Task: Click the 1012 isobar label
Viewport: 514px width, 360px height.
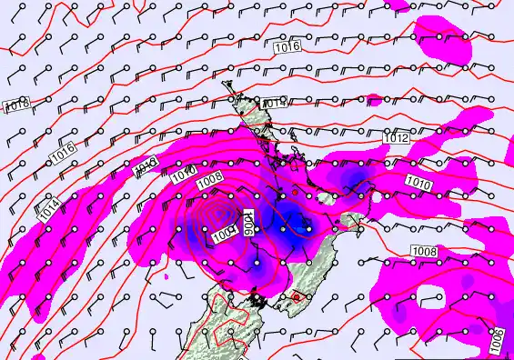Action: point(396,137)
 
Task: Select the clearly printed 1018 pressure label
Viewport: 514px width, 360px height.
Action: point(16,105)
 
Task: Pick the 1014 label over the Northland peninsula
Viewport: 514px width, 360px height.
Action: point(275,104)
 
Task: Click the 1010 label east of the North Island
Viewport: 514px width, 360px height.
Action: point(418,184)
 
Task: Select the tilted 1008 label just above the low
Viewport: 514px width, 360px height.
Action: point(209,182)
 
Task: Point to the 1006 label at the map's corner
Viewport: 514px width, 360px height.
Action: point(497,340)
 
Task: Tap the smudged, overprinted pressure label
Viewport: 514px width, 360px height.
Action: point(146,166)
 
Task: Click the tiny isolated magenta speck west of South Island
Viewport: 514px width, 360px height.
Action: point(167,275)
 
